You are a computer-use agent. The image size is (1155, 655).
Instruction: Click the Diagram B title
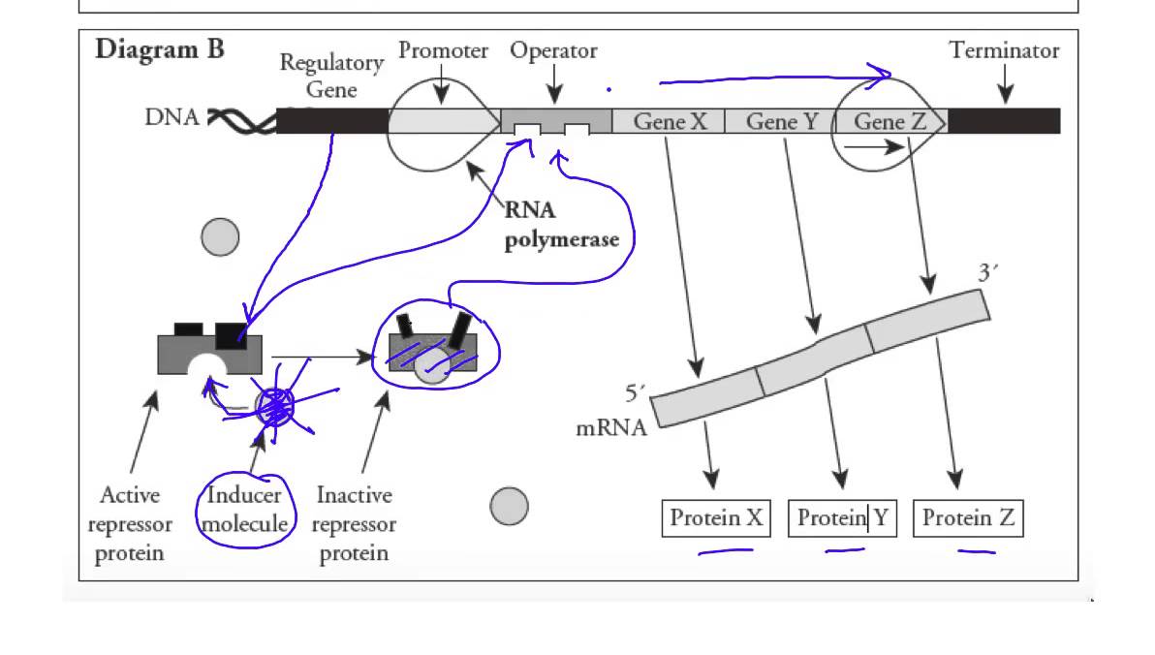tap(160, 49)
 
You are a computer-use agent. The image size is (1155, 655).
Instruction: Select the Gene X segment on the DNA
tap(671, 121)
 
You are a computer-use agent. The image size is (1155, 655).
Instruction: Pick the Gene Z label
tap(890, 121)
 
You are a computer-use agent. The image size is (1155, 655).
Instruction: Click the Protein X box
tap(716, 518)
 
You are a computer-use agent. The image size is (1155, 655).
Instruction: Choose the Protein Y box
tap(842, 518)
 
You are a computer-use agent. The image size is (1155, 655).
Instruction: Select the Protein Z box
tap(968, 518)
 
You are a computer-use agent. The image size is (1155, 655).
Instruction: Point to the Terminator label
tap(1004, 50)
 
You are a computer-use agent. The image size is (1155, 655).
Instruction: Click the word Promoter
tap(443, 50)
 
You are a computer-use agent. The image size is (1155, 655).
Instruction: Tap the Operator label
tap(553, 50)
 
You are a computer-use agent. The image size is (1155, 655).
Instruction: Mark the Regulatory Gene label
tap(331, 76)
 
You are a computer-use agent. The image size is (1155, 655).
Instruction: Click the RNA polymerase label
tap(561, 225)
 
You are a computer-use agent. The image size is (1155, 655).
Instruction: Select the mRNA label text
tap(611, 427)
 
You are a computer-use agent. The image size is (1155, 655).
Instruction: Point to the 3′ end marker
tap(987, 273)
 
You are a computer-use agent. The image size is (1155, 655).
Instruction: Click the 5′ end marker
tap(635, 394)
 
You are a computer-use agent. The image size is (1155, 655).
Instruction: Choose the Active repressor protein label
tap(130, 524)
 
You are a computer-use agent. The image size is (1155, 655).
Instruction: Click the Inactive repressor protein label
tap(354, 524)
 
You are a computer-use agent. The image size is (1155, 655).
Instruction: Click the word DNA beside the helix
tap(172, 117)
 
